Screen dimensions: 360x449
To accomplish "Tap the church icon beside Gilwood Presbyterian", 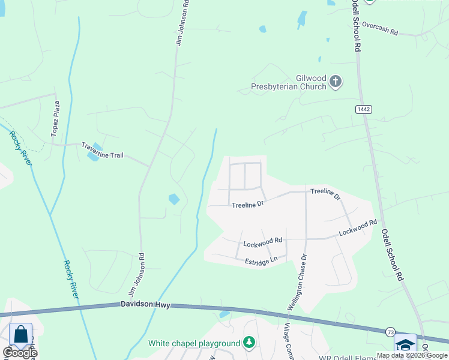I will pyautogui.click(x=336, y=82).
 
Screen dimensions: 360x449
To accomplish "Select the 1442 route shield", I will pyautogui.click(x=363, y=109).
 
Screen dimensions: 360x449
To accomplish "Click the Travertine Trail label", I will pyautogui.click(x=102, y=155).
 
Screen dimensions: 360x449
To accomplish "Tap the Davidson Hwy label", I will pyautogui.click(x=146, y=305).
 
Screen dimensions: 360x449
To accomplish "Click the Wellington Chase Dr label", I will pyautogui.click(x=297, y=281).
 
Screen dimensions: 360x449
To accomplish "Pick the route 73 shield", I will pyautogui.click(x=391, y=332).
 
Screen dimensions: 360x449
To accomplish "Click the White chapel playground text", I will pyautogui.click(x=194, y=343).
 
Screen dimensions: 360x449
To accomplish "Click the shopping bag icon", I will pyautogui.click(x=20, y=335).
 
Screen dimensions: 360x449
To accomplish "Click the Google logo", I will pyautogui.click(x=20, y=353).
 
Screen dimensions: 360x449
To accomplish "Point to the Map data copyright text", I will pyautogui.click(x=412, y=355).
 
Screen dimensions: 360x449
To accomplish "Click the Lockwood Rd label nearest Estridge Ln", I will pyautogui.click(x=262, y=242).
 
